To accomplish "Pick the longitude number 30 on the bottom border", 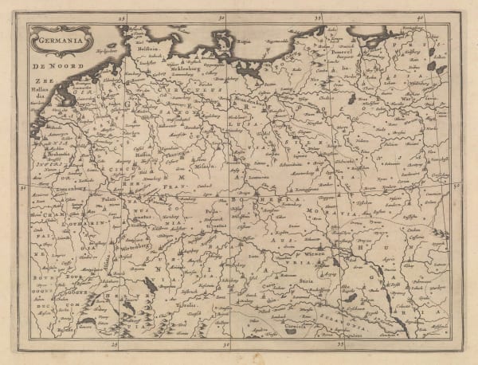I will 229,346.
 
